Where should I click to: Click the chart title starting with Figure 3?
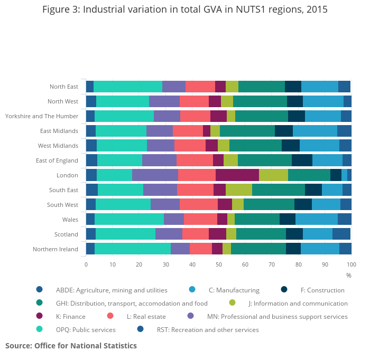(184, 10)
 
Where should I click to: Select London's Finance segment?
(237, 175)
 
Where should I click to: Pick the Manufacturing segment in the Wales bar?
(317, 220)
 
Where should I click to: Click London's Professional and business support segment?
(155, 175)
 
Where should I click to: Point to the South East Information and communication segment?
(239, 190)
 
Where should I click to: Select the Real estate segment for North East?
(200, 87)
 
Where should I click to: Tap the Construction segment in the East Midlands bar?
(284, 131)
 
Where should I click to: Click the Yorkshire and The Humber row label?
(42, 116)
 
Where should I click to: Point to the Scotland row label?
(66, 234)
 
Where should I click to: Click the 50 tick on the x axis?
(219, 264)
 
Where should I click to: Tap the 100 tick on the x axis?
(351, 264)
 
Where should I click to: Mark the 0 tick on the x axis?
(86, 264)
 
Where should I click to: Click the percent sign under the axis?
(349, 275)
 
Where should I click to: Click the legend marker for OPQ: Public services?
(40, 330)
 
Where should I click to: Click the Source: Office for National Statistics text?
(71, 346)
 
